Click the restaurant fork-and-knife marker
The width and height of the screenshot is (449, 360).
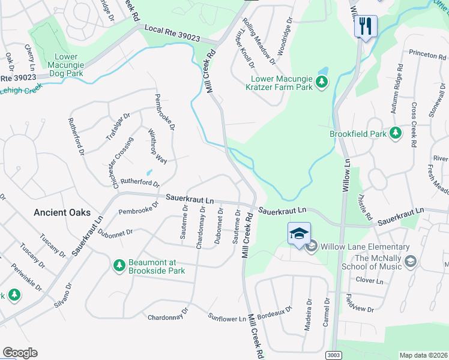[x=365, y=26]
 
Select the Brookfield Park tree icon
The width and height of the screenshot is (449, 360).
[x=396, y=133]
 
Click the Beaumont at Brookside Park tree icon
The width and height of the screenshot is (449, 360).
[x=119, y=265]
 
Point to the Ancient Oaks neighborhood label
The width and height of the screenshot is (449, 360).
[x=62, y=212]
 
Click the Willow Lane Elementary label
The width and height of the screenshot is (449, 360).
[x=365, y=247]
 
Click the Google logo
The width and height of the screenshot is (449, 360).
[x=20, y=353]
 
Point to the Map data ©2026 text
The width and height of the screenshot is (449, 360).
[x=423, y=355]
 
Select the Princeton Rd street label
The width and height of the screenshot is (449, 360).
[x=423, y=54]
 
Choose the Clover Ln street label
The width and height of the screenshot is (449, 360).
[x=369, y=280]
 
